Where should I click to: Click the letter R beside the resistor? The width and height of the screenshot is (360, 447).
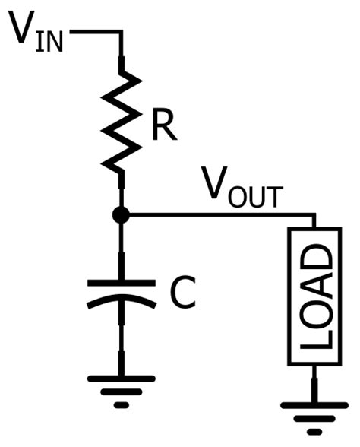[163, 127]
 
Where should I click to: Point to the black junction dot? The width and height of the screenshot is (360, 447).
[121, 216]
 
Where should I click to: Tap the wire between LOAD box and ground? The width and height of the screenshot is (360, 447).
[313, 384]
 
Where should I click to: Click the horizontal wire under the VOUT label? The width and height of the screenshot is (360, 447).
[220, 216]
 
